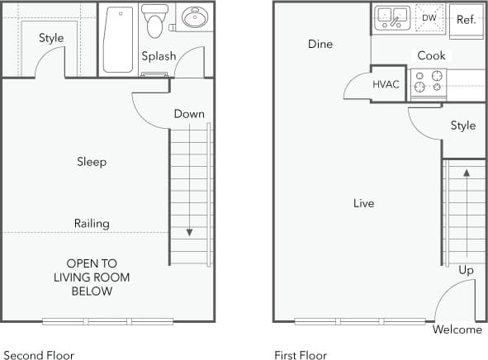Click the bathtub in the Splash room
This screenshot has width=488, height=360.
[x=118, y=40]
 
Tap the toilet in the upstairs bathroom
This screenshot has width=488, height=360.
[x=154, y=21]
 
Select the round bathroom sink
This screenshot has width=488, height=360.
[x=195, y=18]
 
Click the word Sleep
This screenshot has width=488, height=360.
[x=92, y=162]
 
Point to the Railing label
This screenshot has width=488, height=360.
[x=92, y=224]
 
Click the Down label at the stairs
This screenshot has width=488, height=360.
[x=189, y=114]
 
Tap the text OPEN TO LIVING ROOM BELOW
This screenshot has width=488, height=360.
[x=92, y=277]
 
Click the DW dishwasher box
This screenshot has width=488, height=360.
[x=429, y=17]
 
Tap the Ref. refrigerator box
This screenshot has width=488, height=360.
[x=466, y=20]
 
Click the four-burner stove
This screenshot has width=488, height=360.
[x=429, y=82]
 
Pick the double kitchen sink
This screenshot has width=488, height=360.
[x=392, y=17]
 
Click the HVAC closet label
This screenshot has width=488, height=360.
[x=386, y=84]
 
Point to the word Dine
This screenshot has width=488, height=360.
[x=320, y=44]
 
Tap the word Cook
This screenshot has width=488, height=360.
[x=431, y=55]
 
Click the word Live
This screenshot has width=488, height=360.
[x=363, y=203]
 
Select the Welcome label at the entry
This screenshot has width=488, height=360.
[x=457, y=329]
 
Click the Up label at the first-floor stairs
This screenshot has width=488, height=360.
[x=467, y=270]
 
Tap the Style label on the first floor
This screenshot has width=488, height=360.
[x=462, y=126]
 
